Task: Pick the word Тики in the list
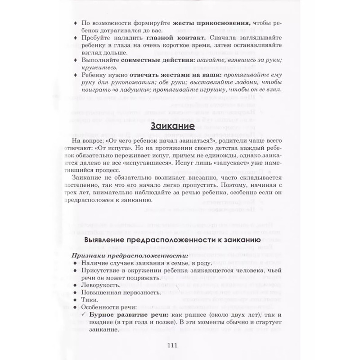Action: click(x=88, y=300)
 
